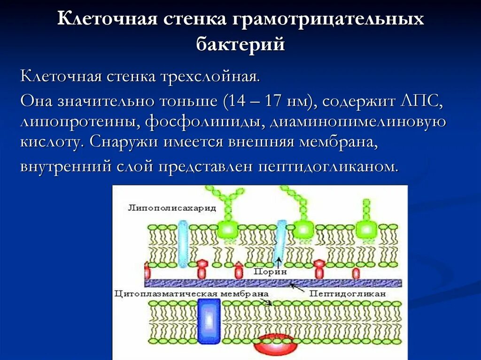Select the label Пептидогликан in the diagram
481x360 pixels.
[347, 293]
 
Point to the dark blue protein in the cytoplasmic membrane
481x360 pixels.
[209, 321]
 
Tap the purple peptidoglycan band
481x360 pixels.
[272, 283]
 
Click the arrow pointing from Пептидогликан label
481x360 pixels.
[295, 285]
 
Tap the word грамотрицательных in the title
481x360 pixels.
[327, 20]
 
